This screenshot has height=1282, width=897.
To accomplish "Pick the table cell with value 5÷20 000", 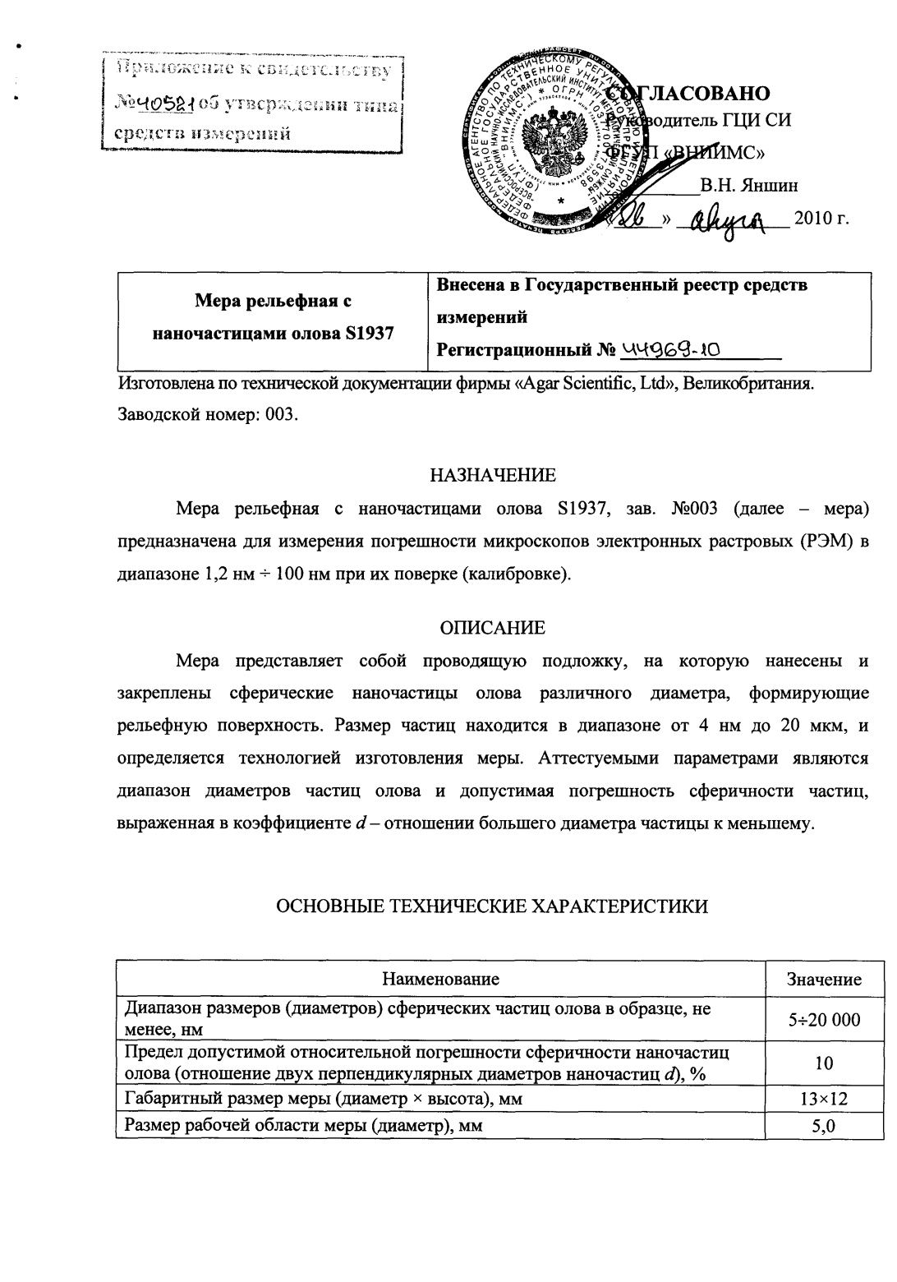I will click(824, 1020).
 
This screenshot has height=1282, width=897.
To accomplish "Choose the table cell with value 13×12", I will click(824, 1099).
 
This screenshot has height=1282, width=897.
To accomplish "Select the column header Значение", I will click(824, 979).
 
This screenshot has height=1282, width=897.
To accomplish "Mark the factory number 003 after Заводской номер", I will click(278, 413).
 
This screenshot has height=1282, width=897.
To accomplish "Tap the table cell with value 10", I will click(824, 1063).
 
